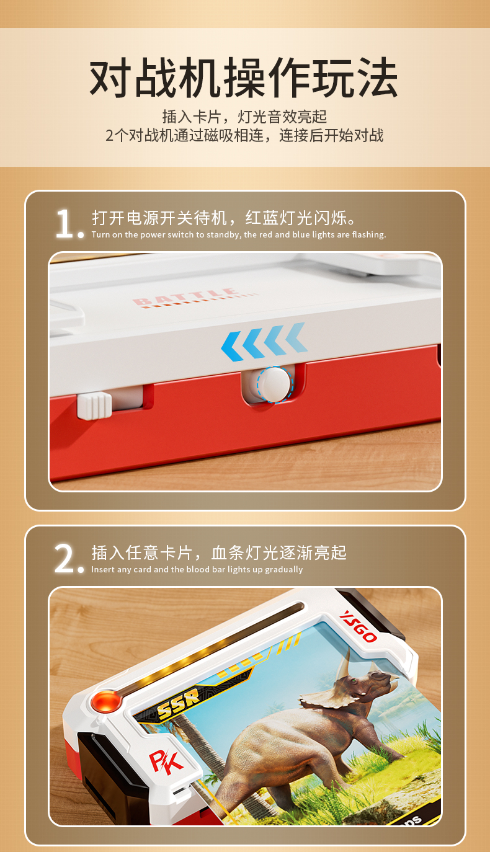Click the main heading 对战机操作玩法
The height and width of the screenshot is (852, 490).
pyautogui.click(x=244, y=78)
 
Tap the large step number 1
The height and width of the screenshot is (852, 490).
pyautogui.click(x=65, y=224)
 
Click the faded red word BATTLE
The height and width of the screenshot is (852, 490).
pyautogui.click(x=185, y=296)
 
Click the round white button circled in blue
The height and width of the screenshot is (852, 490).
pyautogui.click(x=275, y=384)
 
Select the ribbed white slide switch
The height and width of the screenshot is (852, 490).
pyautogui.click(x=95, y=406)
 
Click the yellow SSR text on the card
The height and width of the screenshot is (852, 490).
pyautogui.click(x=179, y=704)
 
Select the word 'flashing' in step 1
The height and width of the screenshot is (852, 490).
pyautogui.click(x=368, y=234)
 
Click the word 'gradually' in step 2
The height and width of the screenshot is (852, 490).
pyautogui.click(x=284, y=570)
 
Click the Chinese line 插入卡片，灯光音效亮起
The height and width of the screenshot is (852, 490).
pyautogui.click(x=244, y=117)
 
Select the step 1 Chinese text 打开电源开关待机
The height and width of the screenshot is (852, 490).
pyautogui.click(x=160, y=218)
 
